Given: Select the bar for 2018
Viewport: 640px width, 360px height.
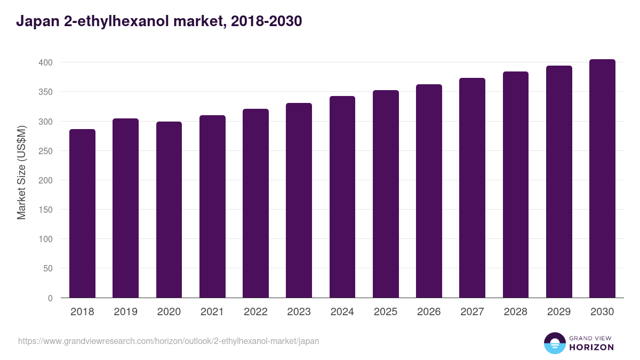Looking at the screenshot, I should (82, 213).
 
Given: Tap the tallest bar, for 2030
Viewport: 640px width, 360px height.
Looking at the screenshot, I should (602, 179).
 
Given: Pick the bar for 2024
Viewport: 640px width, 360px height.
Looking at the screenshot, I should (342, 197).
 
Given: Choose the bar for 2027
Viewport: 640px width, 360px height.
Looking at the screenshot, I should (472, 188).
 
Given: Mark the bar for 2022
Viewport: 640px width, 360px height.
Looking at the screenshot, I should (255, 203).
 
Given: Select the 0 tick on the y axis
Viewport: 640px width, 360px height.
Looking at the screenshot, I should (50, 298).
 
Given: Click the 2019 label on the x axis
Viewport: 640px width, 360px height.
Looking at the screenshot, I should (125, 312).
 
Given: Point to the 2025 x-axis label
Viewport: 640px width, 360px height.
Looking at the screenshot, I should (386, 312).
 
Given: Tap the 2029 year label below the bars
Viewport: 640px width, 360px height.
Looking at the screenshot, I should (559, 312).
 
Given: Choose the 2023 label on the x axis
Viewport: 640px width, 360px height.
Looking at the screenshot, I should (299, 312).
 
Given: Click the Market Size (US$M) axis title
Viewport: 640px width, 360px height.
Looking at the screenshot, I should (21, 173).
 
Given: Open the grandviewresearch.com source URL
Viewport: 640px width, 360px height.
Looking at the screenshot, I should (169, 341).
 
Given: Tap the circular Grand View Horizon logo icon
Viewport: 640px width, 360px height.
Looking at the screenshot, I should (555, 343).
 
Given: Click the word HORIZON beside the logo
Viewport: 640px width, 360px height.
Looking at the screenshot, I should (591, 347).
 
